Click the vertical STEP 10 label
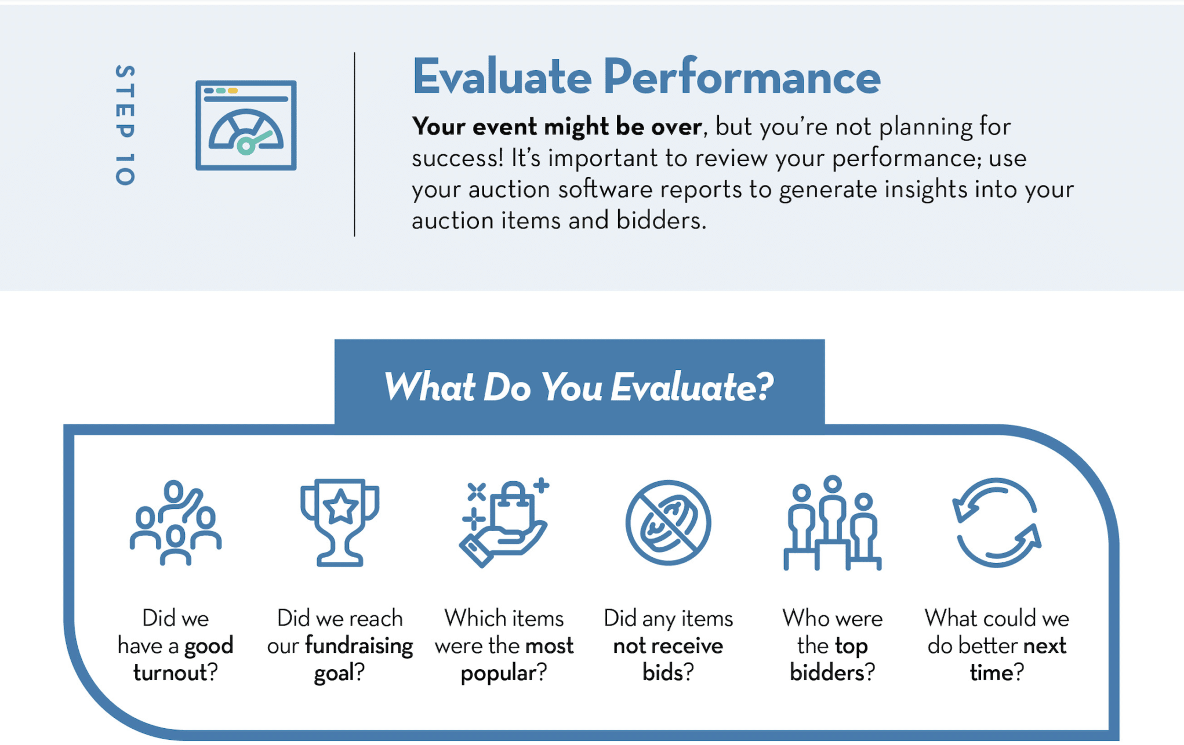pyautogui.click(x=125, y=125)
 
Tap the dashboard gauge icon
pyautogui.click(x=246, y=125)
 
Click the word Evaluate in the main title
pyautogui.click(x=502, y=77)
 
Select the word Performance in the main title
pyautogui.click(x=742, y=77)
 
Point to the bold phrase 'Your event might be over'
pyautogui.click(x=557, y=126)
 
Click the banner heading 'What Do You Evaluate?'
pyautogui.click(x=579, y=387)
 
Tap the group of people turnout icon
pyautogui.click(x=176, y=522)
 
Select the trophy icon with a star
pyautogui.click(x=340, y=522)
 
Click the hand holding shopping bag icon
pyautogui.click(x=504, y=522)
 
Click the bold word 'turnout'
pyautogui.click(x=170, y=673)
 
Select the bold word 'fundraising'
pyautogui.click(x=359, y=646)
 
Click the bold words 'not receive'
pyautogui.click(x=668, y=646)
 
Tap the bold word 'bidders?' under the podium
pyautogui.click(x=833, y=673)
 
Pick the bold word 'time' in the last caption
pyautogui.click(x=991, y=673)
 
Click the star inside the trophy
pyautogui.click(x=340, y=506)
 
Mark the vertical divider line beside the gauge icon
pyautogui.click(x=354, y=144)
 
